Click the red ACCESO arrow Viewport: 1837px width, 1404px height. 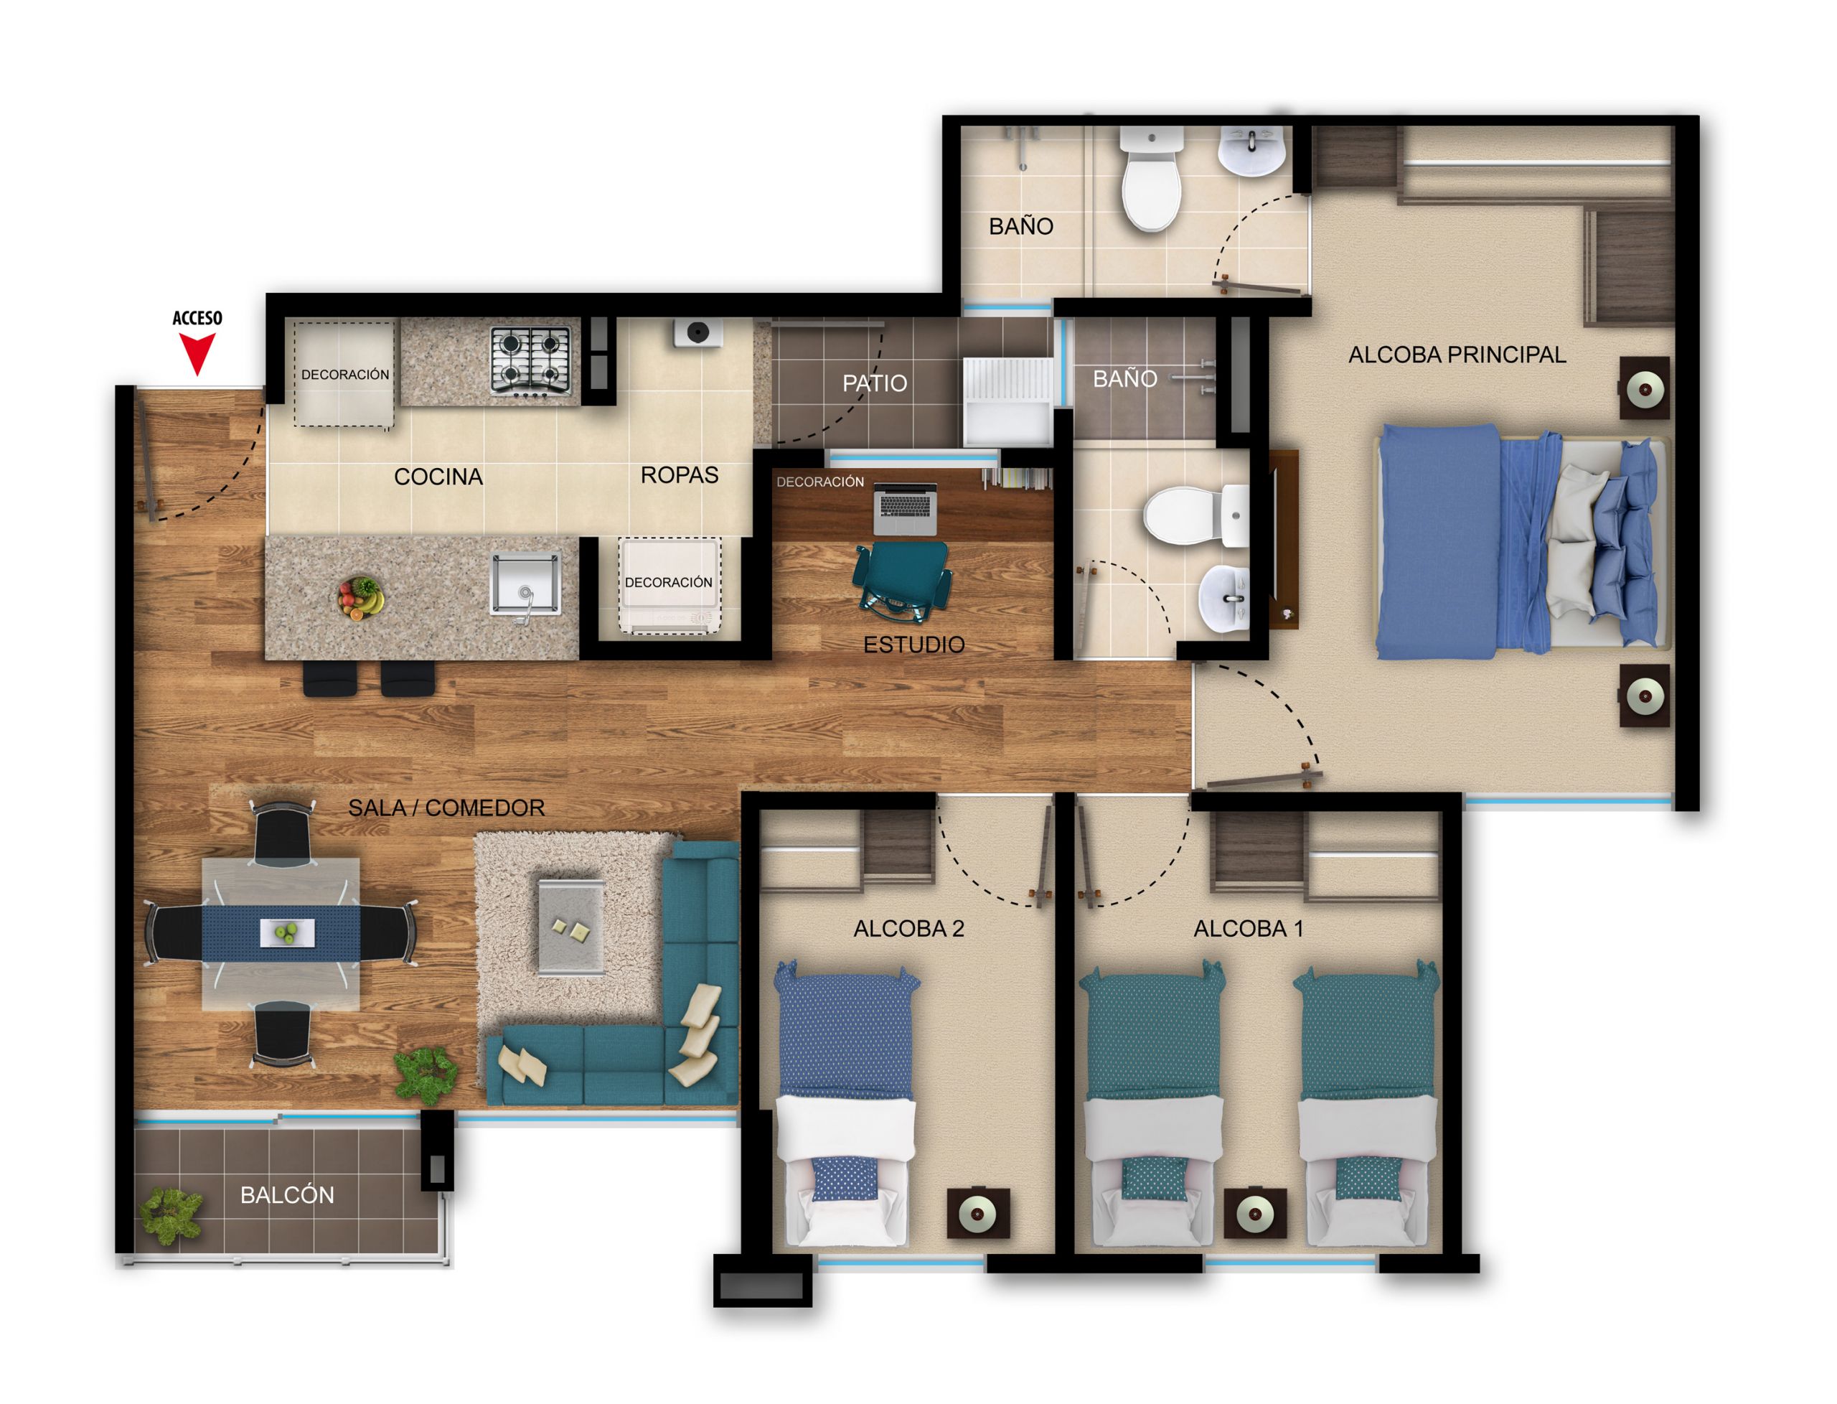click(197, 352)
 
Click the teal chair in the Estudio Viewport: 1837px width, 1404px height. click(902, 580)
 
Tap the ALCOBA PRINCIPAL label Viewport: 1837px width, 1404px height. click(1456, 355)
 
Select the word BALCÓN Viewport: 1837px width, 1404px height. click(286, 1195)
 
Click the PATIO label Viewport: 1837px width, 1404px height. click(874, 383)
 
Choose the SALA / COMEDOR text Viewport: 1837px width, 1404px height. click(446, 808)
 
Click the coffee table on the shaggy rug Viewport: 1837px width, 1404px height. click(570, 925)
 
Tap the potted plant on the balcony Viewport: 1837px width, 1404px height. click(172, 1215)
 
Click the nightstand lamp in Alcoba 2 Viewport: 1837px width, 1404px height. click(977, 1214)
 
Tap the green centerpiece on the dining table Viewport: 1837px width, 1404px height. click(286, 931)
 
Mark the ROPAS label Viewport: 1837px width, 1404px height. click(678, 474)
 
